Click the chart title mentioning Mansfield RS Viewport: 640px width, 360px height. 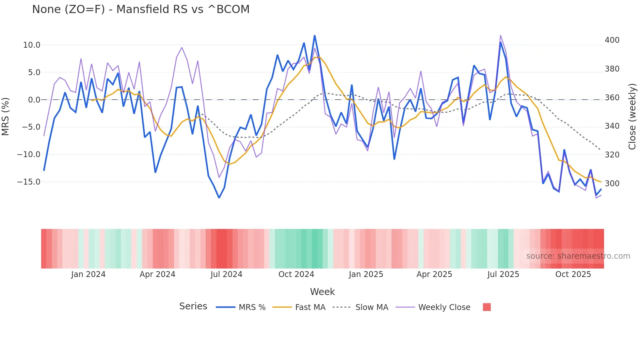141,9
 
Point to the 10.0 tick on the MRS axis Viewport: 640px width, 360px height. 32,45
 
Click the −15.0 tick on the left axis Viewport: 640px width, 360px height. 29,182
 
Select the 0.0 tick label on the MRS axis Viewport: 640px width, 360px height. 34,100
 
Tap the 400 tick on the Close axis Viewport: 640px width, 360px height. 612,40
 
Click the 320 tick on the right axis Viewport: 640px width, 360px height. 612,155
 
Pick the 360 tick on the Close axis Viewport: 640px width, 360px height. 612,98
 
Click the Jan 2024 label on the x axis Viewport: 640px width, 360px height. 88,274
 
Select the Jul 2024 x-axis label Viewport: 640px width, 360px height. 226,274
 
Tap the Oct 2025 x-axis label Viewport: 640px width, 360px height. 573,274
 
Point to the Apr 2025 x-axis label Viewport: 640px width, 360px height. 434,274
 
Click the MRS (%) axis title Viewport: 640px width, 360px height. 6,116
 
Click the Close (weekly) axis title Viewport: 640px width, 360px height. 632,116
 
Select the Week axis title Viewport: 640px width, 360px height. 322,292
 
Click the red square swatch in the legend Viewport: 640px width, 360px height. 487,307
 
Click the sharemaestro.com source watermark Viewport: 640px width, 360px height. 578,256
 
